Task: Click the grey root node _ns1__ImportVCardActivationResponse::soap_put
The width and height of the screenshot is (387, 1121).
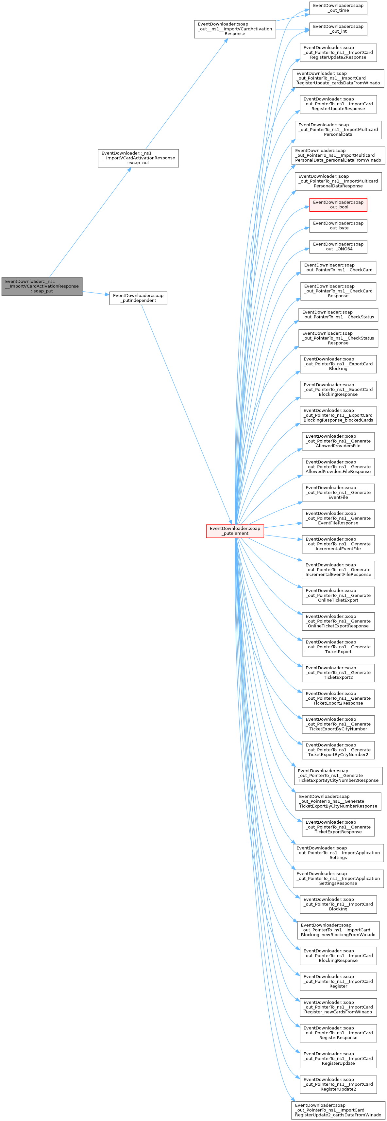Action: tap(42, 286)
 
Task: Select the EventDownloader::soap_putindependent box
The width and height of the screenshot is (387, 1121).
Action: tap(138, 298)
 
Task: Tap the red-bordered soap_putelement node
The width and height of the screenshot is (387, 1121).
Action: tap(235, 531)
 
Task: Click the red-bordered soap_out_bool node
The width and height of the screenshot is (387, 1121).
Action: tap(338, 204)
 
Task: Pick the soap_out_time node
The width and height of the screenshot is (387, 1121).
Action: tap(338, 8)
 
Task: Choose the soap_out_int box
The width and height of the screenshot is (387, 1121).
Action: tap(338, 29)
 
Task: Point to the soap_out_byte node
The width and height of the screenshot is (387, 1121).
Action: tap(338, 225)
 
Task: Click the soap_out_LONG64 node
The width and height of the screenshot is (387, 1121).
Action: tap(338, 246)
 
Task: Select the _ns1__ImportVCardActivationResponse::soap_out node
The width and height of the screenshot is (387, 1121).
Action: tap(138, 158)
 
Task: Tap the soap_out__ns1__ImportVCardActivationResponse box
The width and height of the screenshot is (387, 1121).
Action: tap(235, 29)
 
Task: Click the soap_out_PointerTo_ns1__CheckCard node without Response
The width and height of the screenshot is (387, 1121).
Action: tap(338, 267)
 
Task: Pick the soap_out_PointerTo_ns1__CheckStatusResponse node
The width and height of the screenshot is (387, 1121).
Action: tap(338, 338)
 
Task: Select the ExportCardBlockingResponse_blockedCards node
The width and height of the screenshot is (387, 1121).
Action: tap(338, 415)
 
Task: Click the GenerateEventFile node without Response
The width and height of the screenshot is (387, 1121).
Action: tap(338, 492)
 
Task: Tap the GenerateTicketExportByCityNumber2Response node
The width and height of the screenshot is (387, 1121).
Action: tap(338, 776)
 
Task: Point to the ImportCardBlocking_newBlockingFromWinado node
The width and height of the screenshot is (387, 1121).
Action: tap(338, 930)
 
